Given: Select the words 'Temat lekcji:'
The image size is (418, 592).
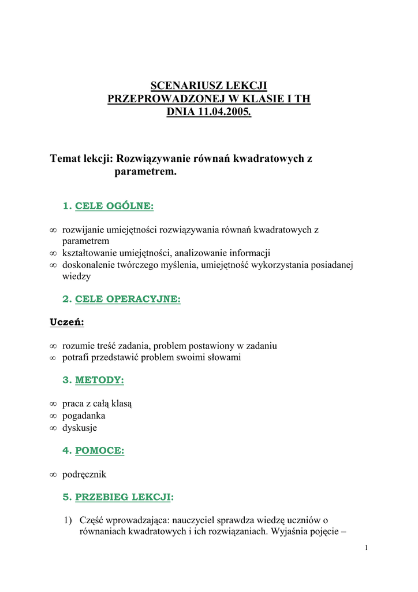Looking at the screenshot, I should pos(82,158).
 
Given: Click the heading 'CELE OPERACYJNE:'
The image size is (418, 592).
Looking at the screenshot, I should pos(128,299).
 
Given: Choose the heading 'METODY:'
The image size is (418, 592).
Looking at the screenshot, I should pos(99,380).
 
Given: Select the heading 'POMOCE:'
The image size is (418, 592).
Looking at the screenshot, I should pos(100,450).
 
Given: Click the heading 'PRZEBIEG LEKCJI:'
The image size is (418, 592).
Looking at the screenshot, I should pos(124,497).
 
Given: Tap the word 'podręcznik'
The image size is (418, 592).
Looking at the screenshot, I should pos(84,474).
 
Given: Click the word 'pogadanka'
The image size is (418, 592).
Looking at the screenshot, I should pos(84,416).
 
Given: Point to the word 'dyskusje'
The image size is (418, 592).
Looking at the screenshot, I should pos(80,428).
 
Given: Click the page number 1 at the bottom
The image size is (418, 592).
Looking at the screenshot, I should pos(366,548).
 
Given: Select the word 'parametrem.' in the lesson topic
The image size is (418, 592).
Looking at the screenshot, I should pos(145,172).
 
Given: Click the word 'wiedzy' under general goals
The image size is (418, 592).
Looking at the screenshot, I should pos(76,276).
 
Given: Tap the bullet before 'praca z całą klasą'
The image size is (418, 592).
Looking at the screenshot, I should pos(53,404).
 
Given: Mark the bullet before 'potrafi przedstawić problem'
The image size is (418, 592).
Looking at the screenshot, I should pos(53,357).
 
